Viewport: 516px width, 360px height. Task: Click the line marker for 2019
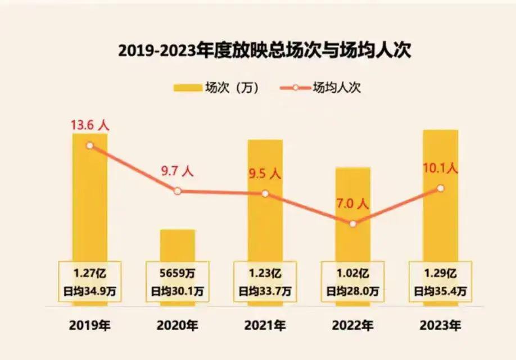click(x=90, y=145)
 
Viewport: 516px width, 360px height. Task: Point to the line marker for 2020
click(x=178, y=191)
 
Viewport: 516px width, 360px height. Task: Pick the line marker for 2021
click(x=265, y=194)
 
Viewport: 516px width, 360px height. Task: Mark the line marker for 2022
click(x=353, y=224)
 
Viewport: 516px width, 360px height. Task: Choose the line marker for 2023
click(x=441, y=188)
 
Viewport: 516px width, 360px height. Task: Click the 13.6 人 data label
click(x=89, y=125)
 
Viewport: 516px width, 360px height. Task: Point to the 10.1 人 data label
click(x=440, y=167)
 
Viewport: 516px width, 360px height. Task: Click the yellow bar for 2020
click(x=178, y=245)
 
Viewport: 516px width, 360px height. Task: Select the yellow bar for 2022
click(x=353, y=213)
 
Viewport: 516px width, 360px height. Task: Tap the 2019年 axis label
click(x=90, y=325)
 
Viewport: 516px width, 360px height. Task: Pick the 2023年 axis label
click(x=441, y=325)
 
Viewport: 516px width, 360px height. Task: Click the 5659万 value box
click(x=178, y=274)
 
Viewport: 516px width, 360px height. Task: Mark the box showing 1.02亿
click(x=353, y=274)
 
